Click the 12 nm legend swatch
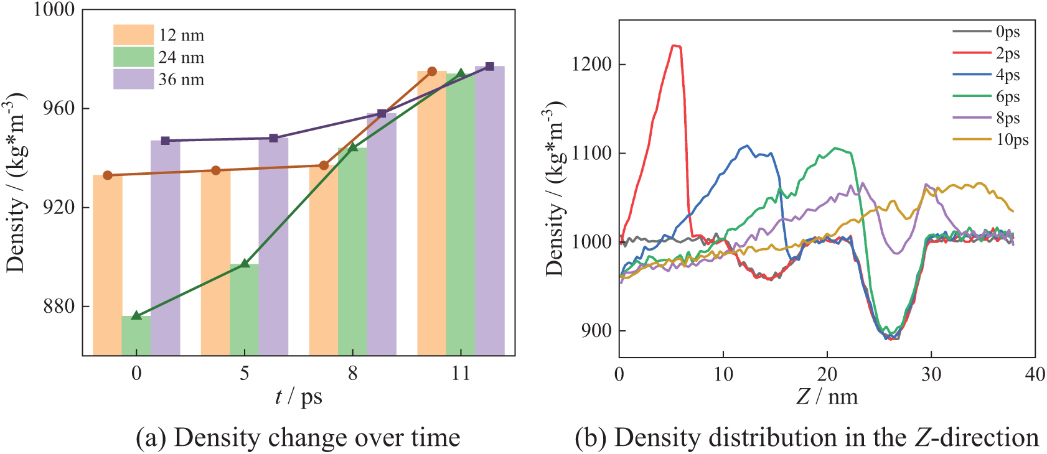pyautogui.click(x=133, y=35)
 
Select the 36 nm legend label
pyautogui.click(x=181, y=80)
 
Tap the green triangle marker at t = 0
pyautogui.click(x=136, y=315)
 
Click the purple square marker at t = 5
pyautogui.click(x=273, y=138)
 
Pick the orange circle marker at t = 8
pyautogui.click(x=324, y=165)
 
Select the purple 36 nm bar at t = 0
pyautogui.click(x=165, y=249)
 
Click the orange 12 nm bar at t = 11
pyautogui.click(x=431, y=211)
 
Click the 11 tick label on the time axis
pyautogui.click(x=461, y=373)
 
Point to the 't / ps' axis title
pyautogui.click(x=299, y=397)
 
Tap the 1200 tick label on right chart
pyautogui.click(x=591, y=65)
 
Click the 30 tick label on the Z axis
pyautogui.click(x=931, y=374)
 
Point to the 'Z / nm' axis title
pyautogui.click(x=827, y=397)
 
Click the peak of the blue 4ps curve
pyautogui.click(x=747, y=146)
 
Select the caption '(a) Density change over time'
pyautogui.click(x=298, y=438)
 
